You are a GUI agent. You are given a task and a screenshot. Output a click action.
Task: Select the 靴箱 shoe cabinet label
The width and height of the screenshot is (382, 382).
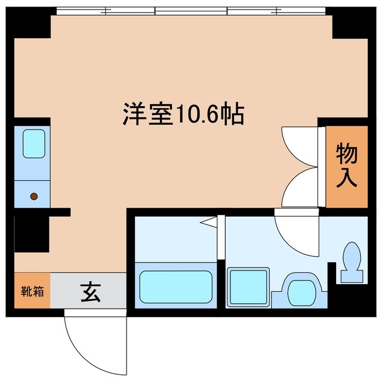pyautogui.click(x=32, y=292)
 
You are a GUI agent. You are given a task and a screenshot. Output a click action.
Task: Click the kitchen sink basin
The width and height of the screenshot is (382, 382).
pyautogui.click(x=33, y=144)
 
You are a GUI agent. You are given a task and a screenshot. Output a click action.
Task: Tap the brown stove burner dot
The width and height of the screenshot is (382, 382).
pyautogui.click(x=34, y=196)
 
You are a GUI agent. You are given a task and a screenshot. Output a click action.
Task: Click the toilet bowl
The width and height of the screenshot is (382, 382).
pyautogui.click(x=352, y=255)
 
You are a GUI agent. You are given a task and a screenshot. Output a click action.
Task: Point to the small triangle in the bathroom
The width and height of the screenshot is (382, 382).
pyautogui.click(x=209, y=223)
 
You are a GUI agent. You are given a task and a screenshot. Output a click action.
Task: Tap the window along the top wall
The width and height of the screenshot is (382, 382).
pyautogui.click(x=191, y=10)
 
